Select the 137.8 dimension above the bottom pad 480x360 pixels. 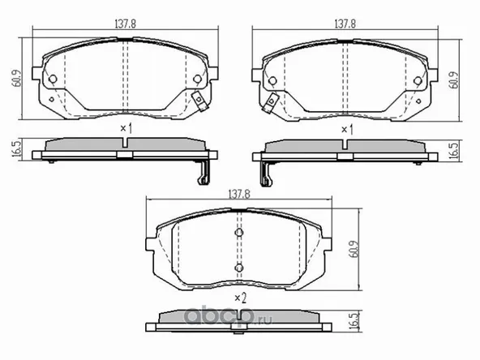coord(237,194)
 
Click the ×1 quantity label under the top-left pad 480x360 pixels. coord(126,128)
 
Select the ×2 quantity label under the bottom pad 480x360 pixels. coord(239,298)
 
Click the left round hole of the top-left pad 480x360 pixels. coord(52,79)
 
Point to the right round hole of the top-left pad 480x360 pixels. coord(198,79)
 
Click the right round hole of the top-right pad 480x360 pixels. coord(419,79)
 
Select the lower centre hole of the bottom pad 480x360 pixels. coord(239,267)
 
